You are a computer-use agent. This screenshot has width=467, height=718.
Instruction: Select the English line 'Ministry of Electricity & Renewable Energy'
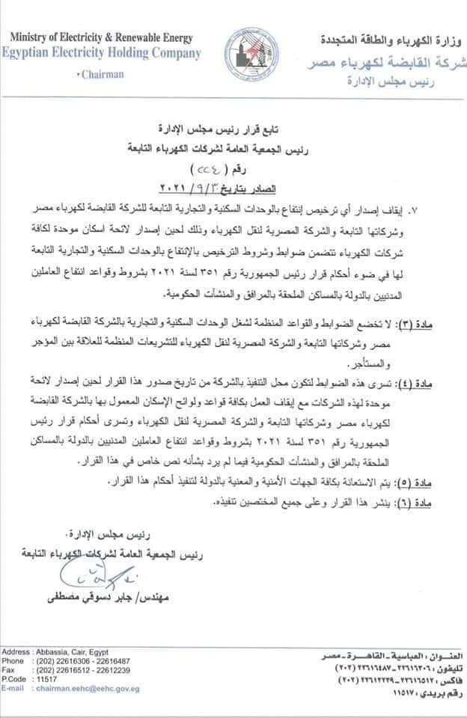(x=103, y=38)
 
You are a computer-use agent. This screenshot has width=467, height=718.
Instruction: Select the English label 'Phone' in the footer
(x=13, y=661)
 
